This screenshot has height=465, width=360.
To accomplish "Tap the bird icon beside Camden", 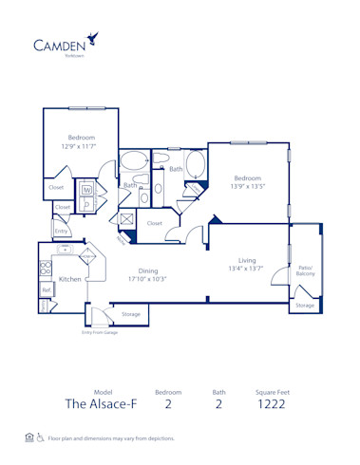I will point(92,38).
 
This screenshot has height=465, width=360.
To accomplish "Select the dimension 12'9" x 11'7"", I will point(80,147).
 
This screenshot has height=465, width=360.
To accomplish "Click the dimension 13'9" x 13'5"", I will point(247,187).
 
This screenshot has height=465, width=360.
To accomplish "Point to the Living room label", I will point(247,259).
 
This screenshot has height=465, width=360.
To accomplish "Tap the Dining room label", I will point(147,270).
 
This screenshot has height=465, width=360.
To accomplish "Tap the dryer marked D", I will point(86,202).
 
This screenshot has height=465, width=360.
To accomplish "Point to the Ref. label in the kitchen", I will point(45,290).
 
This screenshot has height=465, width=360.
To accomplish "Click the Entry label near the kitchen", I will point(61,231).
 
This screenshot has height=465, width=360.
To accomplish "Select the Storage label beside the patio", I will point(304,306).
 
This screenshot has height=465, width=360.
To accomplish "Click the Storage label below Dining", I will point(130,314).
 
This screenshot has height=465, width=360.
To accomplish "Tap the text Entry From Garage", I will point(100,333).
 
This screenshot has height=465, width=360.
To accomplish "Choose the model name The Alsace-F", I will point(103,403).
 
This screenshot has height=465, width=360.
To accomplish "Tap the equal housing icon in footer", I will point(29,437).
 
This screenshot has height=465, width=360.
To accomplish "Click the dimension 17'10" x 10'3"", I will point(147,279).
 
